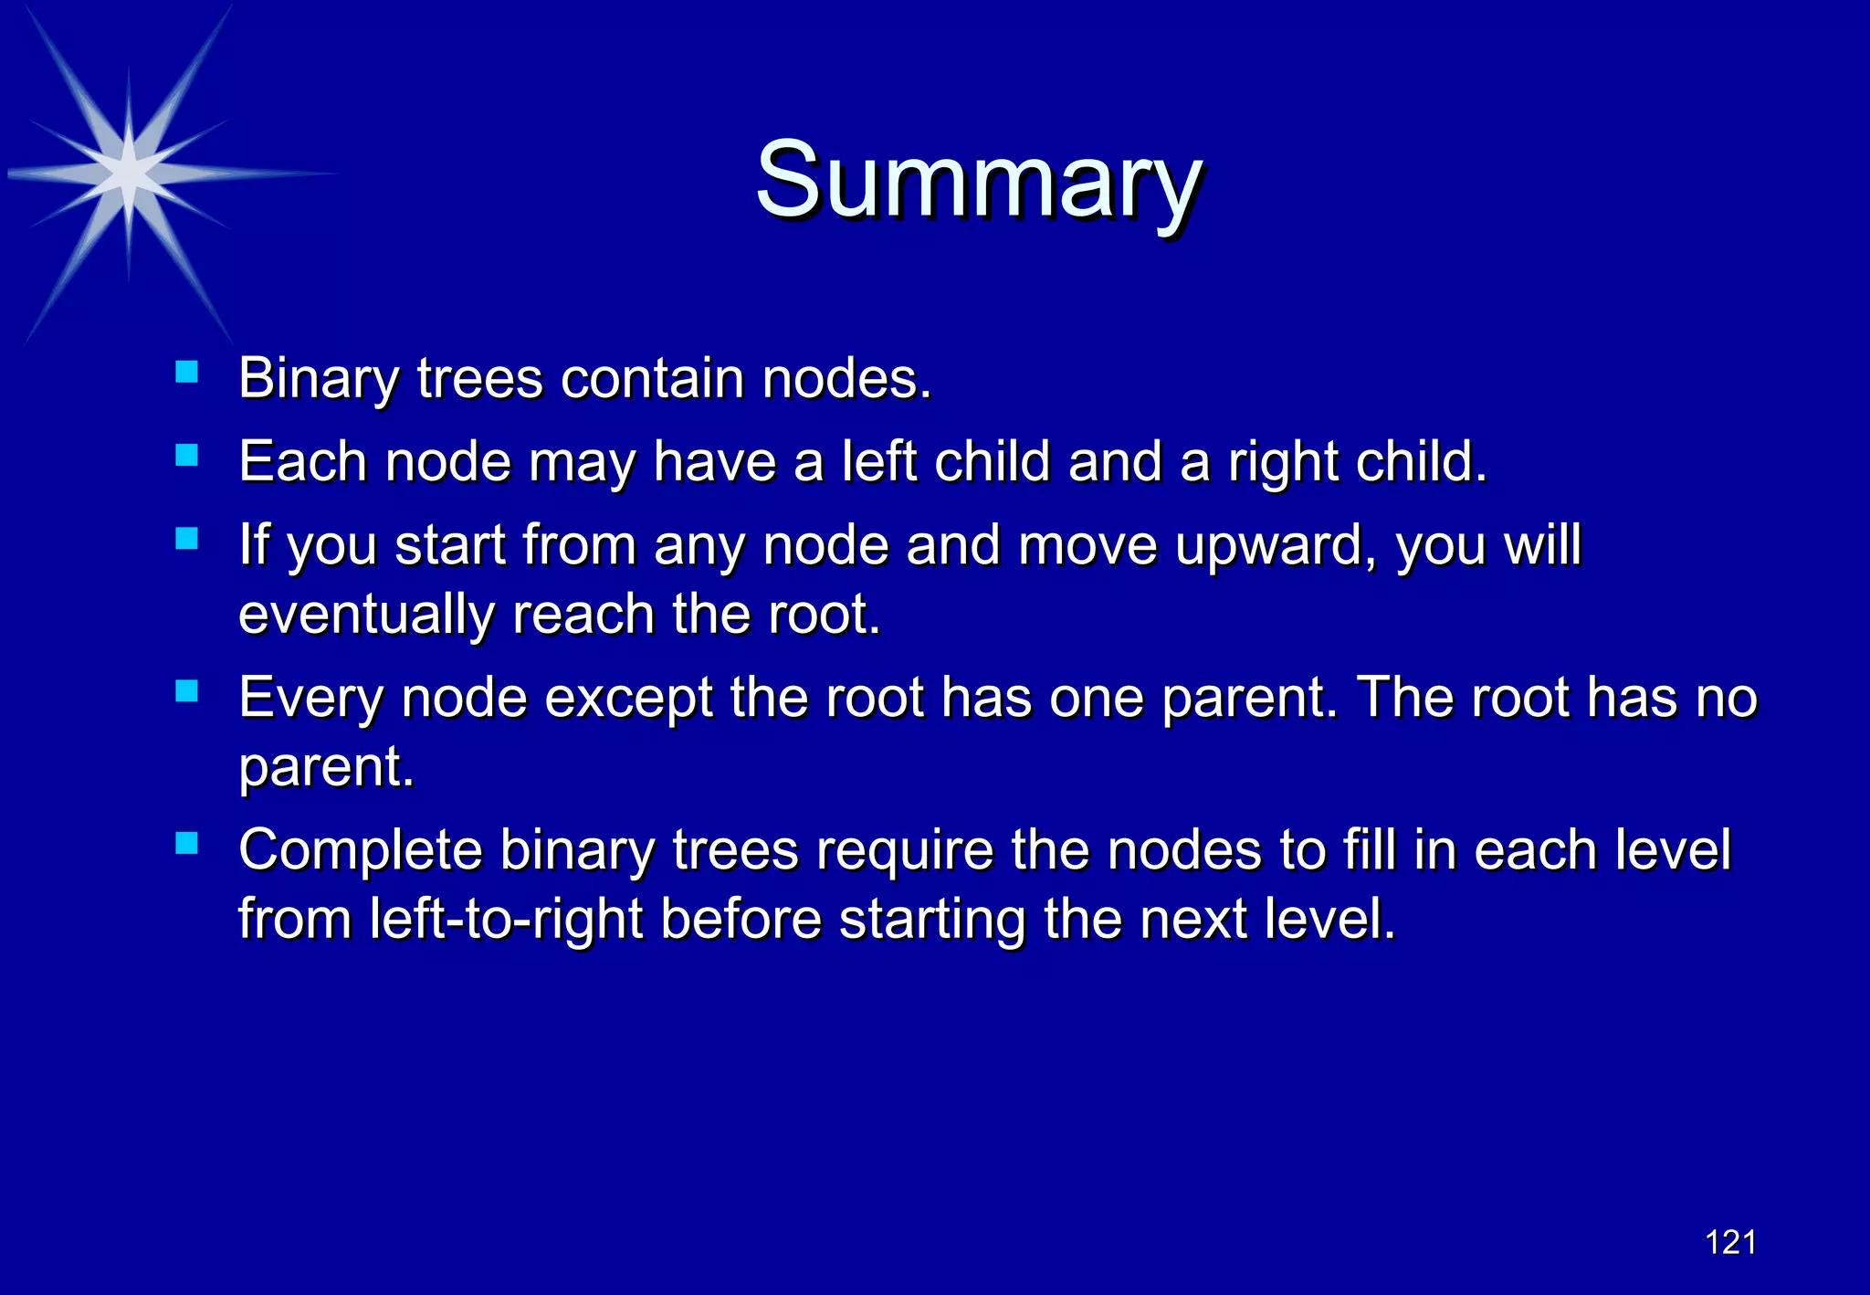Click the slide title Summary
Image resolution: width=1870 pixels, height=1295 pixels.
tap(977, 181)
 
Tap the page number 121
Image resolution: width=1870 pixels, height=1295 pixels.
tap(1730, 1243)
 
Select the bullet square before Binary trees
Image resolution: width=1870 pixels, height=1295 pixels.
tap(187, 371)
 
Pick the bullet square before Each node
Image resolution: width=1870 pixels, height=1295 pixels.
tap(187, 455)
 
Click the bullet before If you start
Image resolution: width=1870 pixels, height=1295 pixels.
tap(187, 538)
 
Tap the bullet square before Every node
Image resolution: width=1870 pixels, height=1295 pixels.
tap(187, 690)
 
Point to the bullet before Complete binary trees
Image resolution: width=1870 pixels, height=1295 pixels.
tap(187, 843)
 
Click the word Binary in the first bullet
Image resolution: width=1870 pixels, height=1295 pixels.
tap(318, 379)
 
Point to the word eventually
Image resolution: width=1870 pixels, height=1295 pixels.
tap(366, 615)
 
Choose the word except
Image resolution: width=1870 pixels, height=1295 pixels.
tap(629, 699)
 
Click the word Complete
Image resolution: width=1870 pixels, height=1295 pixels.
tap(360, 851)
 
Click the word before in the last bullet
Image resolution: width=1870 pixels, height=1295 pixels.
tap(741, 920)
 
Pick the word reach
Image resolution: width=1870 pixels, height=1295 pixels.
tap(583, 615)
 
